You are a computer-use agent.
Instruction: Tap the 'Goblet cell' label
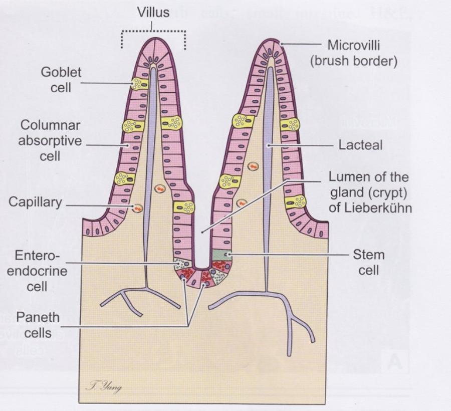click(x=61, y=80)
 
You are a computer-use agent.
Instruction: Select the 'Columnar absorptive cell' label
click(x=50, y=140)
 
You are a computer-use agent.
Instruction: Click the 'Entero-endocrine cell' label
click(x=38, y=271)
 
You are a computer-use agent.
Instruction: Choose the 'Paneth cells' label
click(x=38, y=324)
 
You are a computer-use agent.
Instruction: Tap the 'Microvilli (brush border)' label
click(x=361, y=53)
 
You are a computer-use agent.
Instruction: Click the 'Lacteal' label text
click(x=360, y=145)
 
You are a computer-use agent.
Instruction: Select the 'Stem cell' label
click(x=368, y=262)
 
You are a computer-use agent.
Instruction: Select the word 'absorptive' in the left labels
click(x=50, y=141)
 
